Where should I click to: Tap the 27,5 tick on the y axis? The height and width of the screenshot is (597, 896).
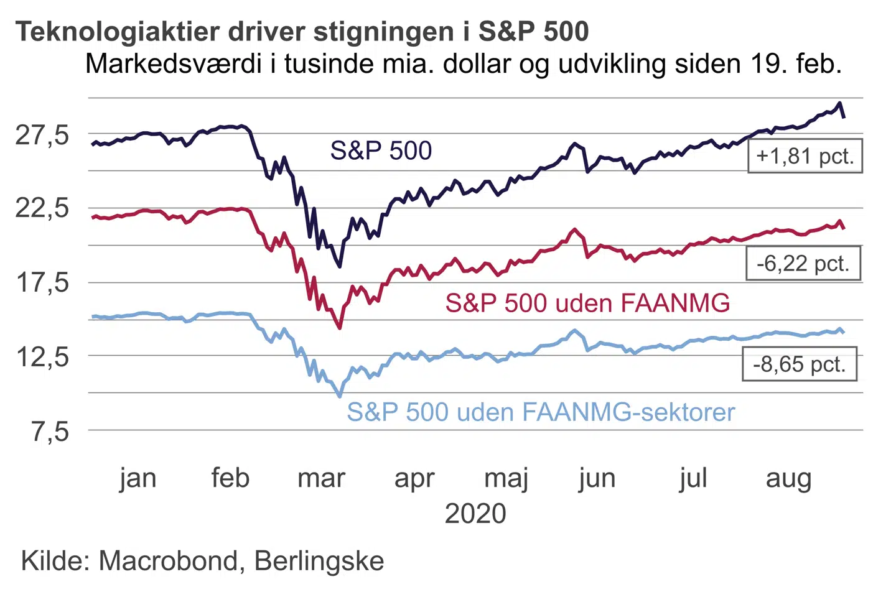pyautogui.click(x=42, y=134)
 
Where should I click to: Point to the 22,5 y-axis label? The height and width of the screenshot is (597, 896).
pyautogui.click(x=42, y=208)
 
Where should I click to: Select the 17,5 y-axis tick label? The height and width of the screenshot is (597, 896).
pyautogui.click(x=42, y=282)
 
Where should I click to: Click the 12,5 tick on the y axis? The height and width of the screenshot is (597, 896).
pyautogui.click(x=42, y=356)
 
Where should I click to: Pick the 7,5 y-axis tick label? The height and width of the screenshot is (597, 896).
pyautogui.click(x=50, y=430)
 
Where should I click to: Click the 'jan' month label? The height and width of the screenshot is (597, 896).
pyautogui.click(x=138, y=478)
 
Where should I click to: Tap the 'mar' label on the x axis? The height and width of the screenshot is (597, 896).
pyautogui.click(x=321, y=478)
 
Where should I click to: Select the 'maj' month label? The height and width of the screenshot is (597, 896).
pyautogui.click(x=506, y=478)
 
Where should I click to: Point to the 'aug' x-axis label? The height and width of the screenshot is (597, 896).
pyautogui.click(x=788, y=478)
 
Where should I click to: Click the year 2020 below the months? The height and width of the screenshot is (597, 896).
pyautogui.click(x=475, y=514)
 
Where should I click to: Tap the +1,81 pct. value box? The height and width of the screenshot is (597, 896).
pyautogui.click(x=805, y=155)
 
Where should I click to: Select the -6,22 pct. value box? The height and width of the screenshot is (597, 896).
pyautogui.click(x=803, y=263)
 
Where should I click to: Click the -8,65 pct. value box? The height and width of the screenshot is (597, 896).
pyautogui.click(x=799, y=364)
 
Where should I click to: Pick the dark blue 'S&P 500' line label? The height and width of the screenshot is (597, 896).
pyautogui.click(x=381, y=150)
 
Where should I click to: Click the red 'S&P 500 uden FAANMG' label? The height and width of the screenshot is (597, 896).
pyautogui.click(x=587, y=303)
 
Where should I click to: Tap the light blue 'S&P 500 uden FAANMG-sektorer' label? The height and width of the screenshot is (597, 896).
pyautogui.click(x=541, y=412)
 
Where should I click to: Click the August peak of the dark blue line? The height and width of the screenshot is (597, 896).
pyautogui.click(x=840, y=103)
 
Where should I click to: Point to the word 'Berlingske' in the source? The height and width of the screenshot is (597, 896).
pyautogui.click(x=319, y=561)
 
